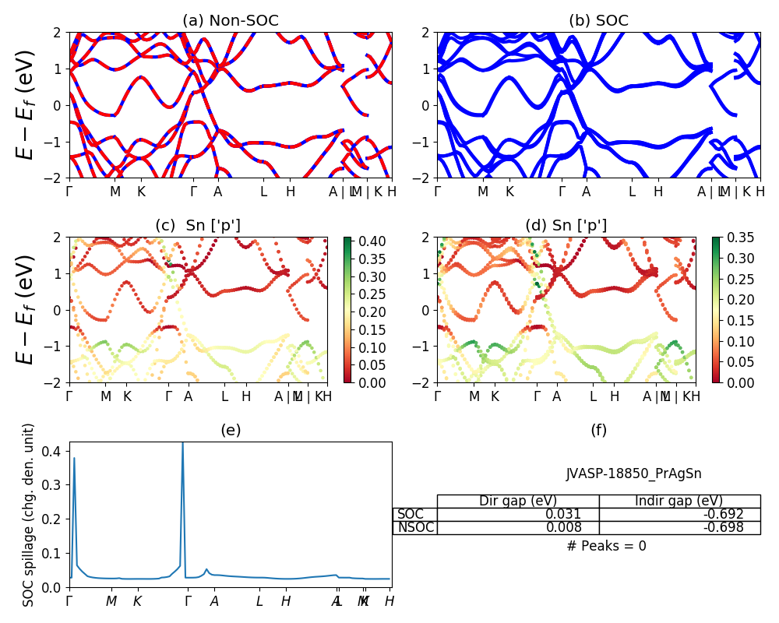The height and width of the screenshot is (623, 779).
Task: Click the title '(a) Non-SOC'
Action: click(x=231, y=21)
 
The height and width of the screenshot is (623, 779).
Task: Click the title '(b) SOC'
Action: click(x=598, y=21)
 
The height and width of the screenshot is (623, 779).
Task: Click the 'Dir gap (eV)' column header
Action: click(x=518, y=501)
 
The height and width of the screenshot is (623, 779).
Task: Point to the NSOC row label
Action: click(x=415, y=527)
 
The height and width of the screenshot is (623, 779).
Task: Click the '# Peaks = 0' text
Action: click(x=607, y=546)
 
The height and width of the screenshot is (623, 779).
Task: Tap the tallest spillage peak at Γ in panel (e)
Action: click(x=183, y=444)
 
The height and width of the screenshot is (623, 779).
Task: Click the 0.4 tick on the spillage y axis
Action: click(x=55, y=451)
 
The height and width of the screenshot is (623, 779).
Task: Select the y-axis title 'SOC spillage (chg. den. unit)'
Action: click(x=29, y=515)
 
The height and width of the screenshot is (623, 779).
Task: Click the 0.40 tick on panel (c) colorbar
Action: click(x=365, y=241)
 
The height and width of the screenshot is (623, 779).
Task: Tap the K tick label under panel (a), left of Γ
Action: click(x=141, y=192)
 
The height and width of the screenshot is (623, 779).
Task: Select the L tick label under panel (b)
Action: click(x=632, y=192)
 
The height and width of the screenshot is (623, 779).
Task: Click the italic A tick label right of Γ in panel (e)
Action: click(x=214, y=601)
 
